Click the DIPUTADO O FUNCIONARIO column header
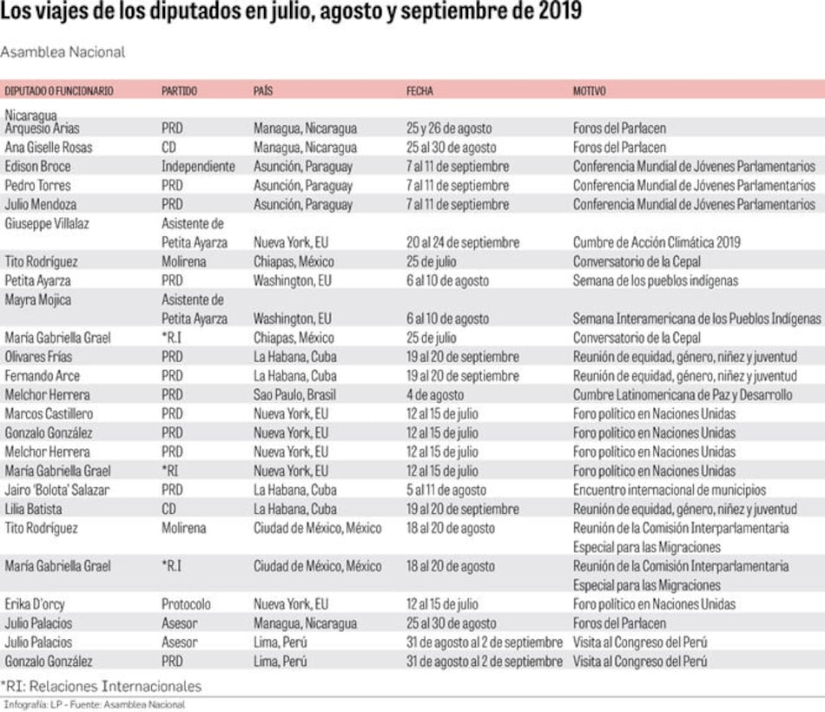pyautogui.click(x=59, y=91)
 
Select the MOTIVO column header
pyautogui.click(x=589, y=91)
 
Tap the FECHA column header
pyautogui.click(x=419, y=91)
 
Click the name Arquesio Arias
pyautogui.click(x=43, y=129)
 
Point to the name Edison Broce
pyautogui.click(x=38, y=166)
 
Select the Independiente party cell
pyautogui.click(x=198, y=166)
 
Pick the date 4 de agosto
pyautogui.click(x=435, y=395)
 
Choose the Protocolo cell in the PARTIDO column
pyautogui.click(x=186, y=604)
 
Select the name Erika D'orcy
pyautogui.click(x=35, y=604)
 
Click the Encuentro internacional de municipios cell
pyautogui.click(x=669, y=491)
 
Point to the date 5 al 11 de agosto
pyautogui.click(x=446, y=491)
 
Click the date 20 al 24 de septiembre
pyautogui.click(x=463, y=243)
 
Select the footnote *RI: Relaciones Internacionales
pyautogui.click(x=101, y=686)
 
